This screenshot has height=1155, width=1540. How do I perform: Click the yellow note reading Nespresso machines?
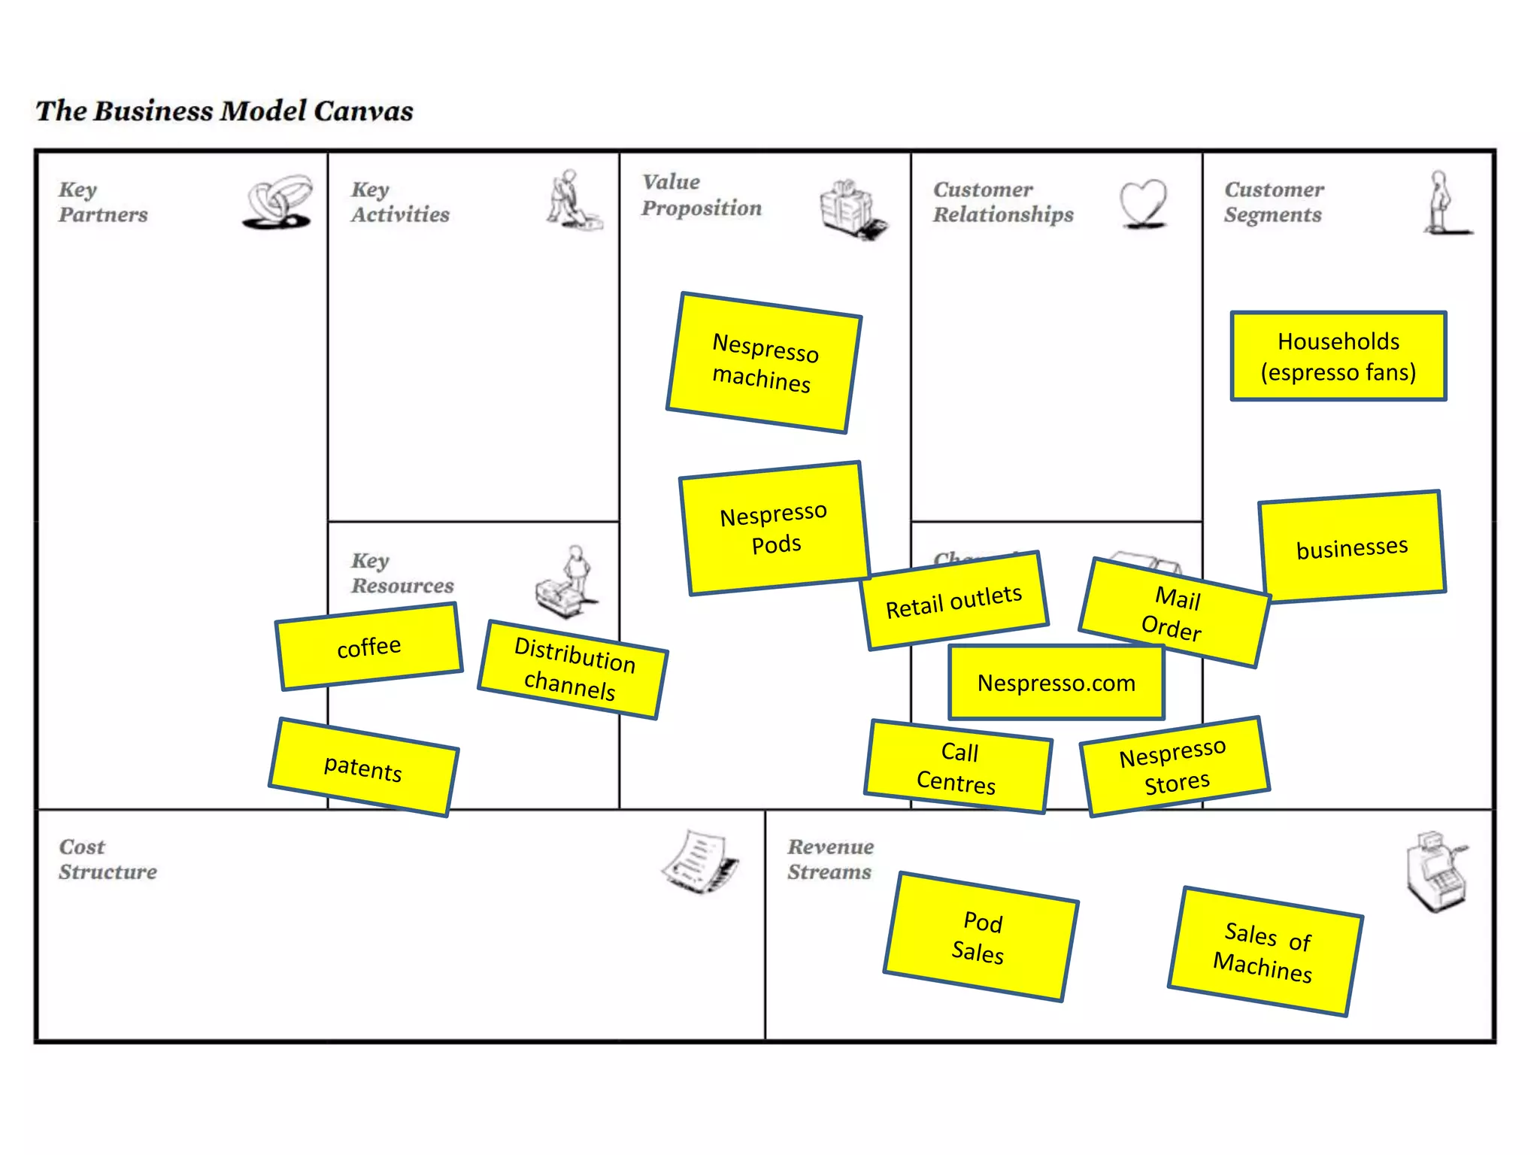pos(763,362)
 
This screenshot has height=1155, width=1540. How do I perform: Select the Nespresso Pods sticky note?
pos(775,529)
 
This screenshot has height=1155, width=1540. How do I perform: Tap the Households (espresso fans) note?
pos(1338,356)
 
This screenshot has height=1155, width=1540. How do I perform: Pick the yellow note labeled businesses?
pos(1352,547)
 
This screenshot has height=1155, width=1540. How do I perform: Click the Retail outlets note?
pos(955,601)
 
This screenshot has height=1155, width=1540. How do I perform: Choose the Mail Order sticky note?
pos(1174,612)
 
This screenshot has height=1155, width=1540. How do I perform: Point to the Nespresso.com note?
pos(1056,683)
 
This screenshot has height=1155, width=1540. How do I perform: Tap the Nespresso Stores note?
pos(1175,766)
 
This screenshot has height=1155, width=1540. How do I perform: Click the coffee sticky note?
pos(369,647)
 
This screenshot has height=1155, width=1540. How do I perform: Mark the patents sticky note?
pos(364,768)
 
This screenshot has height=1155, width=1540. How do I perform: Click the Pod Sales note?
pos(981,937)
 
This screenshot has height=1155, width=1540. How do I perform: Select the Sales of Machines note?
pos(1265,952)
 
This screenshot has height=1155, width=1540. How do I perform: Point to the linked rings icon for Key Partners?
pos(278,202)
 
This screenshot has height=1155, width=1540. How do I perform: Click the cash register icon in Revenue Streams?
pos(1435,872)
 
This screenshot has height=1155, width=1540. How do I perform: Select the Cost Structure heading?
pos(108,859)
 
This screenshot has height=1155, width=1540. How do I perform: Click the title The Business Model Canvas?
pos(225,111)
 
